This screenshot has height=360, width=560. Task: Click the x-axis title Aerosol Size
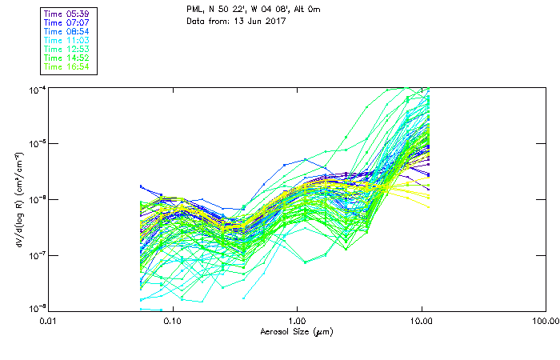click(x=296, y=331)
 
